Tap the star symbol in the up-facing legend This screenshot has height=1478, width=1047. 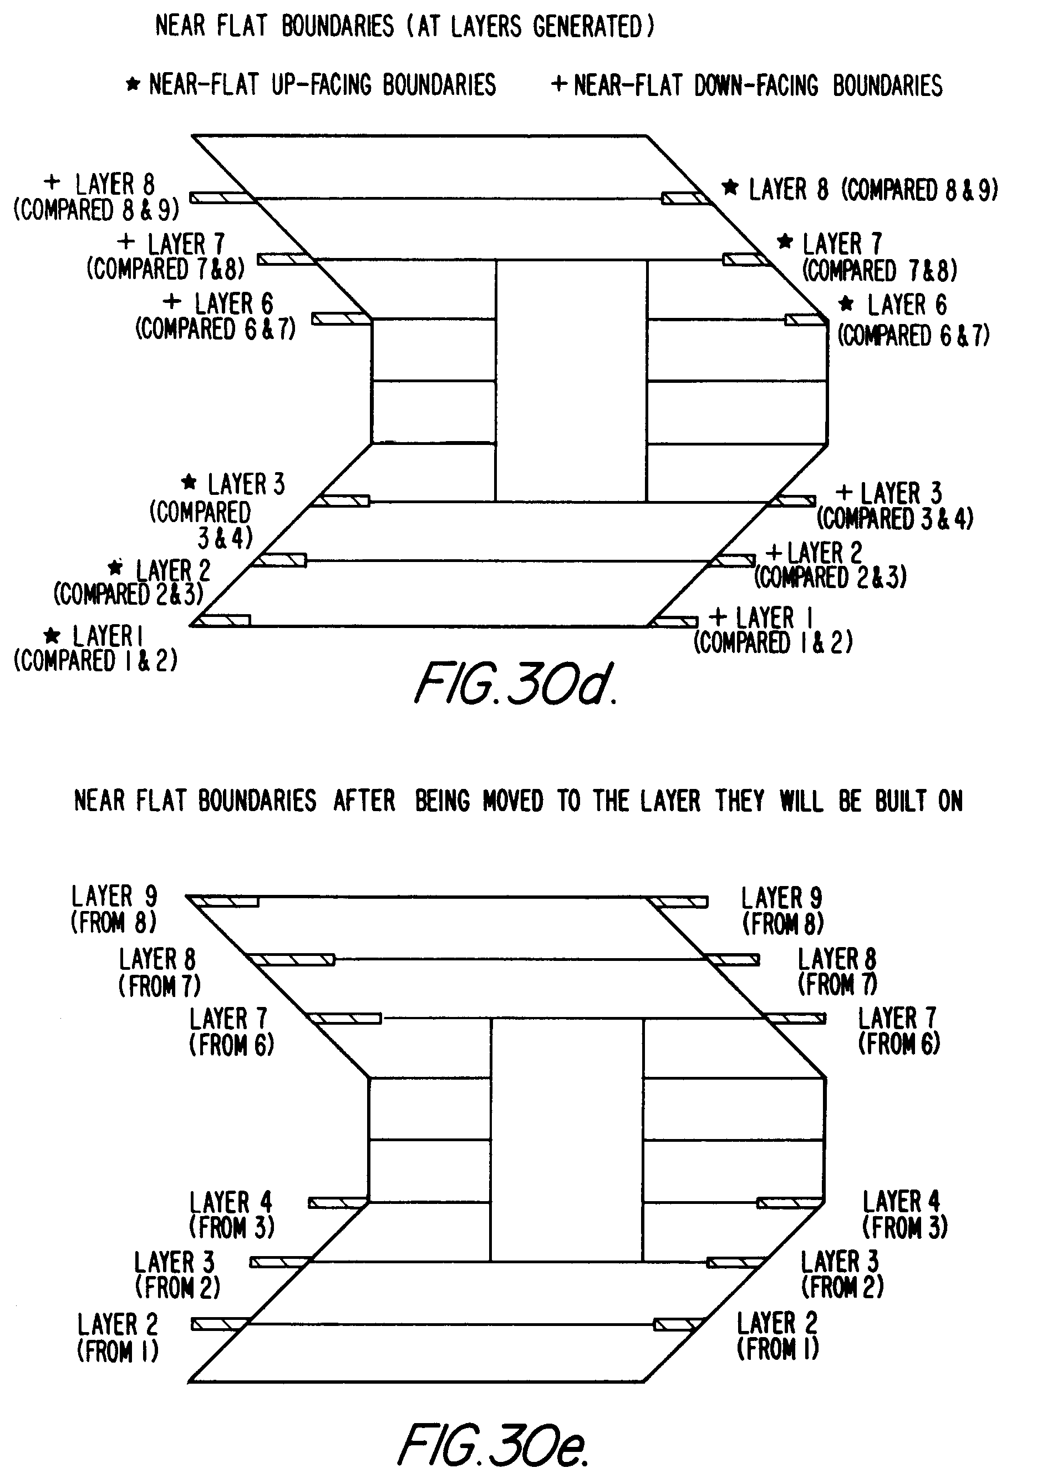click(133, 84)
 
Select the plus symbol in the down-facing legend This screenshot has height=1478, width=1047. click(559, 84)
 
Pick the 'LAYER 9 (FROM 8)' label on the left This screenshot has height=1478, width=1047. click(114, 909)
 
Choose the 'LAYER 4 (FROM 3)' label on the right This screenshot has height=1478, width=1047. click(904, 1214)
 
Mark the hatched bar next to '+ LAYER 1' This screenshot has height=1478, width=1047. click(673, 621)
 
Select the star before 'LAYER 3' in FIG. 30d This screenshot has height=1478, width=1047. click(189, 482)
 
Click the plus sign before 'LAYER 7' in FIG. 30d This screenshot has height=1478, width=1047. click(126, 242)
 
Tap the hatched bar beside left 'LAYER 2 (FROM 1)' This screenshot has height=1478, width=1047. click(219, 1324)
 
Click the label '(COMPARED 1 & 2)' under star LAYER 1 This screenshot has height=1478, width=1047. click(95, 661)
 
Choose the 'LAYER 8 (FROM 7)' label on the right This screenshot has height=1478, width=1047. click(837, 971)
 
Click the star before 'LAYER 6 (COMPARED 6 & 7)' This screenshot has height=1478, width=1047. click(846, 303)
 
